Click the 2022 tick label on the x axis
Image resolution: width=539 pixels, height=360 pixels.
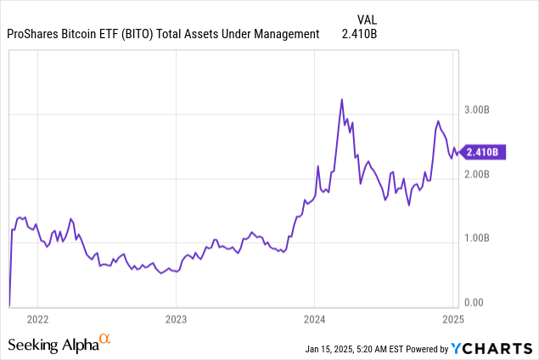(x=37, y=320)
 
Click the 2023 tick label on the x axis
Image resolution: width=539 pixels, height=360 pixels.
(x=176, y=320)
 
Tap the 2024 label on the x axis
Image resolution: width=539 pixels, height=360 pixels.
(x=314, y=320)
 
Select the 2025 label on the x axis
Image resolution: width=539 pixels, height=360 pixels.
(x=452, y=320)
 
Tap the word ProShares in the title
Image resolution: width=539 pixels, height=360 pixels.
(x=36, y=34)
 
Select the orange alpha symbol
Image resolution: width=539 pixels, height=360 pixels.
(x=105, y=340)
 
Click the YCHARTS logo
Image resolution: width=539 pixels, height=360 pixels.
(x=491, y=348)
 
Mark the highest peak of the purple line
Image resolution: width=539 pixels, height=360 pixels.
(x=341, y=99)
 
